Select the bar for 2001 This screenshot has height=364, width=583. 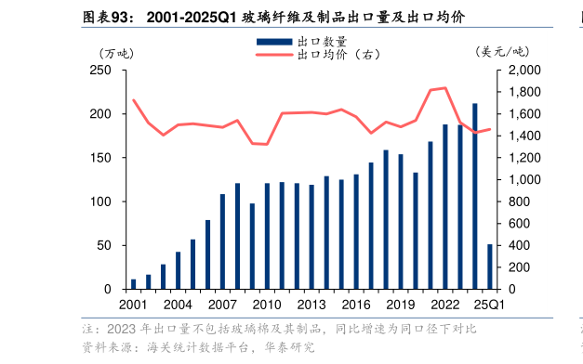[x=134, y=284]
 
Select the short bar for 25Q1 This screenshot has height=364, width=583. [x=490, y=266]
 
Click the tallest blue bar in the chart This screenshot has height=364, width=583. [x=475, y=197]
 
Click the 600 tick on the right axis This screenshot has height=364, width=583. [x=520, y=224]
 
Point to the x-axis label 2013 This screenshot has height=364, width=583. [x=311, y=305]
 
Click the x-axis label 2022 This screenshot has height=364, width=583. [x=444, y=305]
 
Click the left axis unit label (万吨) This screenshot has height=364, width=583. [x=118, y=52]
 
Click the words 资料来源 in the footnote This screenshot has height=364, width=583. [x=99, y=347]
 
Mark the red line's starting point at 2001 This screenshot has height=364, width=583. [x=134, y=100]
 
